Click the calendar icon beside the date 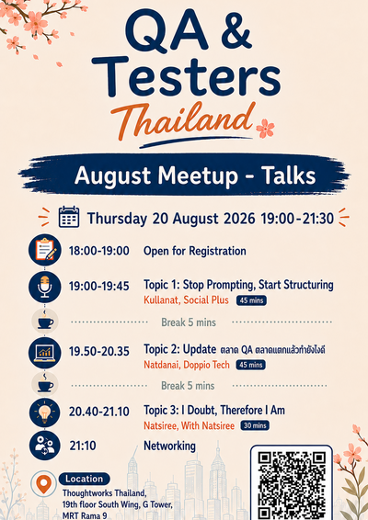[69, 217]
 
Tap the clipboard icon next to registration [45, 250]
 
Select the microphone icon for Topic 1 [45, 287]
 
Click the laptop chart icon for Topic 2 [45, 353]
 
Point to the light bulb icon [45, 413]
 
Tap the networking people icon [45, 445]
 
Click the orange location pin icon [43, 484]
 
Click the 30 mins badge [255, 425]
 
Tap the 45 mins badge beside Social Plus [251, 300]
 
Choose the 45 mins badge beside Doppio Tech [251, 365]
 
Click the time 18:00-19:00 [99, 251]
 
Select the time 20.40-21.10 [99, 412]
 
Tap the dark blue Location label [85, 479]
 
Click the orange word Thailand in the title [183, 121]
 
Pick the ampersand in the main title [236, 31]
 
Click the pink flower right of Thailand [265, 129]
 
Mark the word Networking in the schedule [169, 447]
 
